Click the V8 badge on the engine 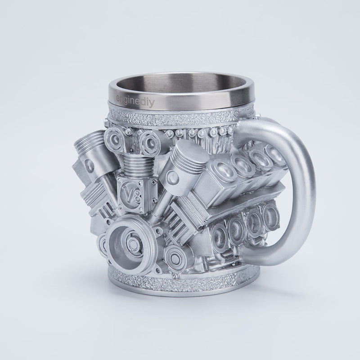[130, 194]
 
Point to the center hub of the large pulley [130, 243]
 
